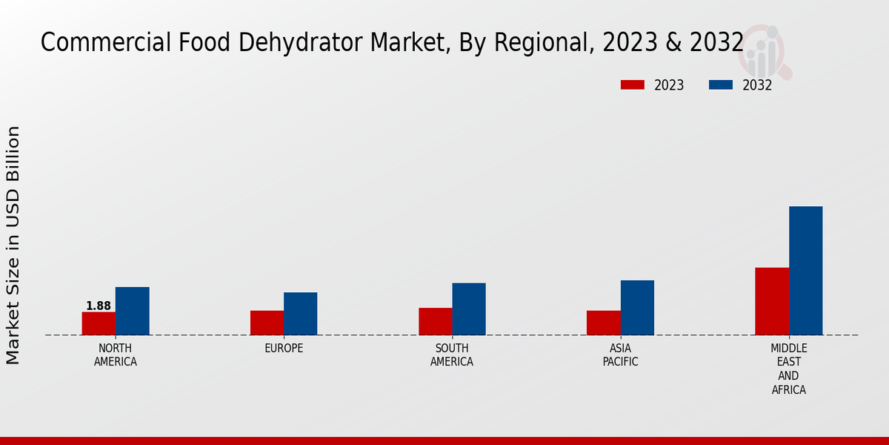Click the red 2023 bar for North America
[x=99, y=323]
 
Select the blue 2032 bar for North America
[x=132, y=311]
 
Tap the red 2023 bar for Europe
[x=267, y=323]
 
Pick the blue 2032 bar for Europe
[x=300, y=314]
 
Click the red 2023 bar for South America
[x=435, y=321]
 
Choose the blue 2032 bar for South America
[x=469, y=309]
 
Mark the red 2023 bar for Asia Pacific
[x=603, y=323]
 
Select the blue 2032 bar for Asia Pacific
[x=637, y=307]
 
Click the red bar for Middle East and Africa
[x=772, y=301]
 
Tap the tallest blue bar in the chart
[x=805, y=271]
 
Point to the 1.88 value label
[x=99, y=306]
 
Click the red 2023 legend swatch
[x=633, y=85]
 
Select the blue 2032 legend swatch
[x=721, y=85]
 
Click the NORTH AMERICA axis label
[x=116, y=355]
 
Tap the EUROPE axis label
[x=284, y=349]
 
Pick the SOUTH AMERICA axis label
[x=452, y=355]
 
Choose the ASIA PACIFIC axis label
[x=620, y=355]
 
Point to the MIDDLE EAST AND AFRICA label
[x=789, y=369]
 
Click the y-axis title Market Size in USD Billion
[x=13, y=245]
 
